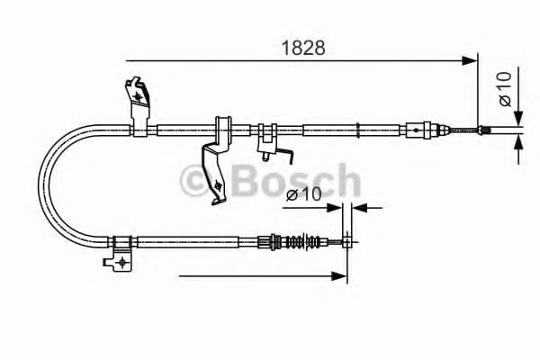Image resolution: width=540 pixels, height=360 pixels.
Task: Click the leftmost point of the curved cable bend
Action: (x=39, y=184)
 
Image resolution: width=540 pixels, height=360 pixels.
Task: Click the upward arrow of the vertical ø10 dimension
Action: (x=517, y=147)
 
